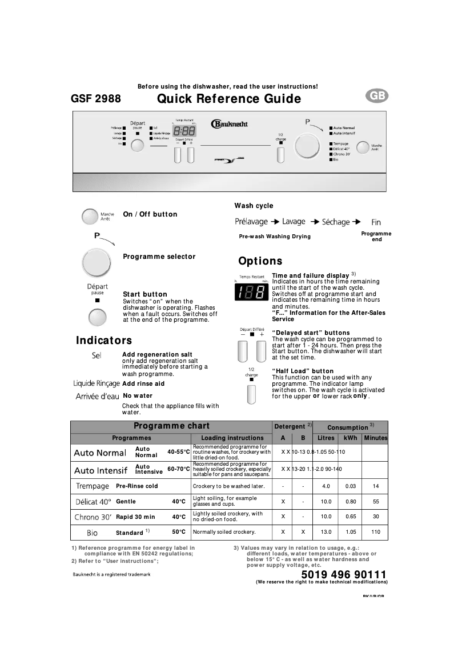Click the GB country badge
pos(377,97)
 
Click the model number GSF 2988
pos(95,99)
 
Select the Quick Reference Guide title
pos(229,99)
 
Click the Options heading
pos(260,261)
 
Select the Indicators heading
pos(104,341)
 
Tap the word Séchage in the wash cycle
pos(336,222)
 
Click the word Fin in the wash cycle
pos(376,222)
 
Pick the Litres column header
pos(326,438)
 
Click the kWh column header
pos(350,438)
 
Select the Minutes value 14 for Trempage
pos(375,486)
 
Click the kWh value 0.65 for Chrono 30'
pos(350,517)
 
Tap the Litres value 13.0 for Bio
pos(326,532)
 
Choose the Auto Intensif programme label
pos(101,471)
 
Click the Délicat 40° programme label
pos(93,502)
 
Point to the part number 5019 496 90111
pos(343,574)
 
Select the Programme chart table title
pos(171,426)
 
